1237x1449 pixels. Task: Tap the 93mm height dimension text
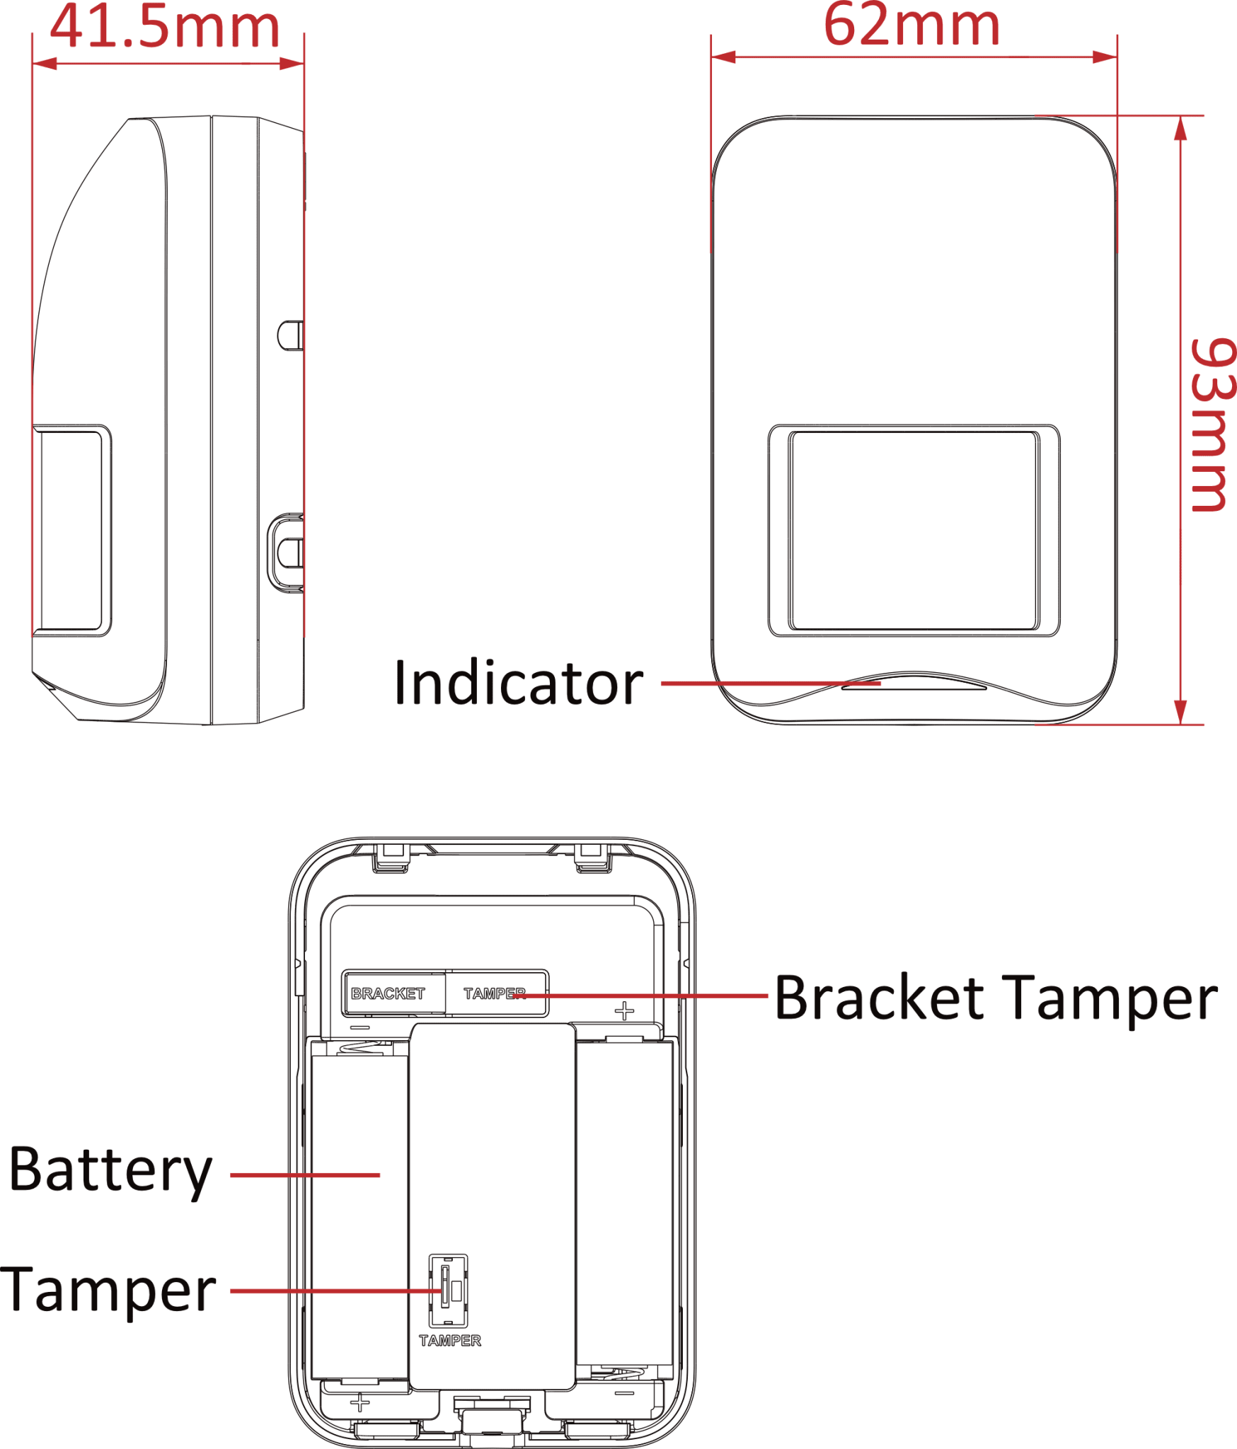coord(1212,425)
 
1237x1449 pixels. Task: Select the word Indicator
coord(518,682)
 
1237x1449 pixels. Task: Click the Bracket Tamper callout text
coord(996,998)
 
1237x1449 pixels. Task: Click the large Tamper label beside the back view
coord(108,1290)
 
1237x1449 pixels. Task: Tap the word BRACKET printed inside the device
coord(388,993)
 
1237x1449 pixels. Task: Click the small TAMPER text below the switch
coord(450,1341)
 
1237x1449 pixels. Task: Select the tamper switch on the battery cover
coord(449,1291)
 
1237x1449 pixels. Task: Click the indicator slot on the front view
coord(914,686)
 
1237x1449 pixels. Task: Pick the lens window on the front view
coord(914,531)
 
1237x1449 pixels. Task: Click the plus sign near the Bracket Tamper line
coord(624,1010)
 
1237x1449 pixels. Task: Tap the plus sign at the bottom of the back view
coord(359,1402)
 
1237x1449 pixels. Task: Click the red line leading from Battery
coord(305,1175)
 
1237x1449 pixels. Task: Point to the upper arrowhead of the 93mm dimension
coord(1180,128)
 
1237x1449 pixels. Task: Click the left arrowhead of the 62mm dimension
coord(723,57)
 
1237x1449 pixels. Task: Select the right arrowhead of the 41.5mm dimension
coord(292,64)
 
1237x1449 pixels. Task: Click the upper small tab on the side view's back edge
coord(290,335)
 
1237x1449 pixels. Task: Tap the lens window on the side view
coord(71,531)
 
